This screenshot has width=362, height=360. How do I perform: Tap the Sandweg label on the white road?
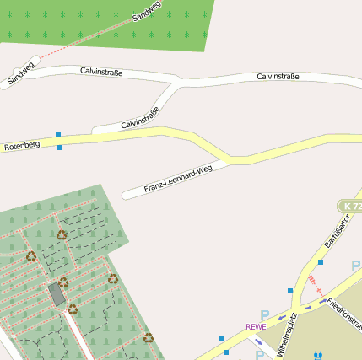[21, 74]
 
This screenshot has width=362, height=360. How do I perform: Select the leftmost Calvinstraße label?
[101, 73]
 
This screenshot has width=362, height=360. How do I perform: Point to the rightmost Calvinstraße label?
[278, 77]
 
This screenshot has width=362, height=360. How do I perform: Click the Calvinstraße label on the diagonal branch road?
[140, 118]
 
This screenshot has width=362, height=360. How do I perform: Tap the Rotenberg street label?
[22, 146]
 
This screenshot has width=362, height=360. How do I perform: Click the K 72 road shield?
[350, 206]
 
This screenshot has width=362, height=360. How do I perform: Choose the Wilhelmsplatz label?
[287, 334]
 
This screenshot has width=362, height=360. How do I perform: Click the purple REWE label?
[256, 326]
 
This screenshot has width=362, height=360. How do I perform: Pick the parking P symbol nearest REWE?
[265, 314]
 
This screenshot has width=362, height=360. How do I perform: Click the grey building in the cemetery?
[57, 295]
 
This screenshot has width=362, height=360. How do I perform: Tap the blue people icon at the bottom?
[318, 356]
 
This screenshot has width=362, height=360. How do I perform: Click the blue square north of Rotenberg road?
[58, 134]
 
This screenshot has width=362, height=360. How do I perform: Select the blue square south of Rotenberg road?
[59, 148]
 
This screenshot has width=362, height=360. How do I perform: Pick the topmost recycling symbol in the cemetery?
[62, 235]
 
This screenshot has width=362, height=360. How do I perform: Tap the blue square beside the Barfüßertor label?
[321, 262]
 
